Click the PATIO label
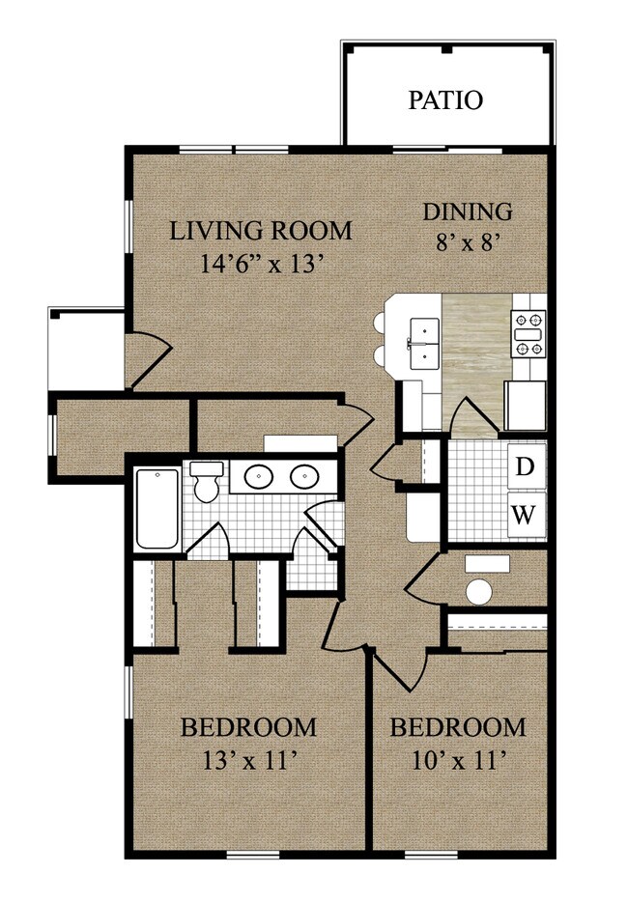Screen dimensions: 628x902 [x=445, y=100]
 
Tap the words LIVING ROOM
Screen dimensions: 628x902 [x=261, y=231]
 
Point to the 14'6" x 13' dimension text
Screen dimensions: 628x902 [x=260, y=264]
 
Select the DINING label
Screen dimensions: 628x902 [x=468, y=211]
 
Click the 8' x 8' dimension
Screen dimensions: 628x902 [x=467, y=242]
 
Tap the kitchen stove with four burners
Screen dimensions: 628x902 [x=528, y=333]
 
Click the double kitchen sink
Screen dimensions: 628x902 [x=424, y=344]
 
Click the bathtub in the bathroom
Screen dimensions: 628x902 [x=157, y=509]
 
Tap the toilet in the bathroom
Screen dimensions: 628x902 [x=206, y=481]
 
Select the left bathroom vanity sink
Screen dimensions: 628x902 [x=259, y=476]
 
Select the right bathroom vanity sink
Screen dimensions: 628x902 [x=304, y=476]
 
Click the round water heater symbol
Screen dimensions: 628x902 [x=479, y=592]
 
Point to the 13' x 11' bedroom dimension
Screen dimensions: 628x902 [x=249, y=762]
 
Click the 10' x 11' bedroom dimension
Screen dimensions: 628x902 [x=459, y=762]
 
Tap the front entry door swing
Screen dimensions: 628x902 [x=149, y=359]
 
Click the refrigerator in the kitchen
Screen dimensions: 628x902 [x=525, y=406]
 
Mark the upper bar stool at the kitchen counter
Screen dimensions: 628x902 [x=380, y=322]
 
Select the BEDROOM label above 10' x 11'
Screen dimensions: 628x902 [x=458, y=728]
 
